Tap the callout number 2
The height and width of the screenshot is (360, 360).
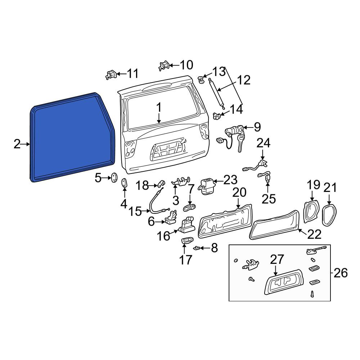tap(17, 144)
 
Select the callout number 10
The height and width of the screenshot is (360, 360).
tap(186, 65)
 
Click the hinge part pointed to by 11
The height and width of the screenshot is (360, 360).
tap(111, 75)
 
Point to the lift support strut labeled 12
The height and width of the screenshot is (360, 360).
tap(216, 94)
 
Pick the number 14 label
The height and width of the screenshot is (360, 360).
tap(236, 109)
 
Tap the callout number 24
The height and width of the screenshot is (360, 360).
tap(264, 143)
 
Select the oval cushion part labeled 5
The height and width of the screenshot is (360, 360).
tap(114, 178)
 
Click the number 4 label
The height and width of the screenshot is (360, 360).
tap(123, 204)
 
